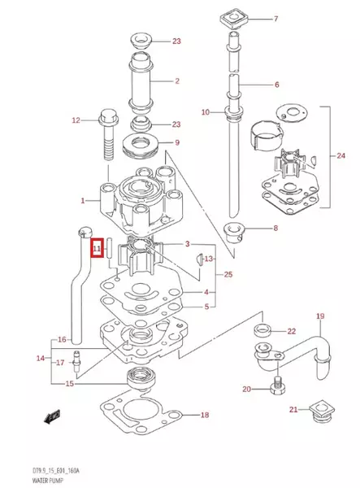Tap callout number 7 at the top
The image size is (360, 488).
[x=275, y=19]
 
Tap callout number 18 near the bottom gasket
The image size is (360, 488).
[x=204, y=415]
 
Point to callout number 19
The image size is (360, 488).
[x=319, y=316]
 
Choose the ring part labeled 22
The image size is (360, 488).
[x=262, y=330]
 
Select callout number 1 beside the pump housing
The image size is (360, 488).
[x=81, y=199]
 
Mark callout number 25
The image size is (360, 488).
[x=228, y=274]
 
